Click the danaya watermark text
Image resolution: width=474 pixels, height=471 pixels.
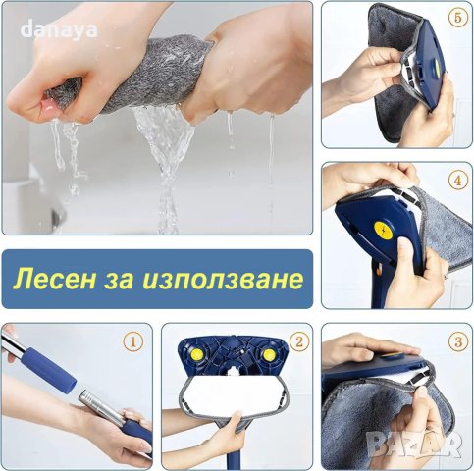[60, 29]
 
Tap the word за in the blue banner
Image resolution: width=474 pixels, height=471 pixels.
[130, 280]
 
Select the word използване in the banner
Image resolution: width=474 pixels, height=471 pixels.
[229, 280]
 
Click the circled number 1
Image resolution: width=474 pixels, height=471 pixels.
[134, 343]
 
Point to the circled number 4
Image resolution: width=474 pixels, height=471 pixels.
[455, 181]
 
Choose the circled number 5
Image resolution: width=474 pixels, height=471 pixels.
[455, 19]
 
